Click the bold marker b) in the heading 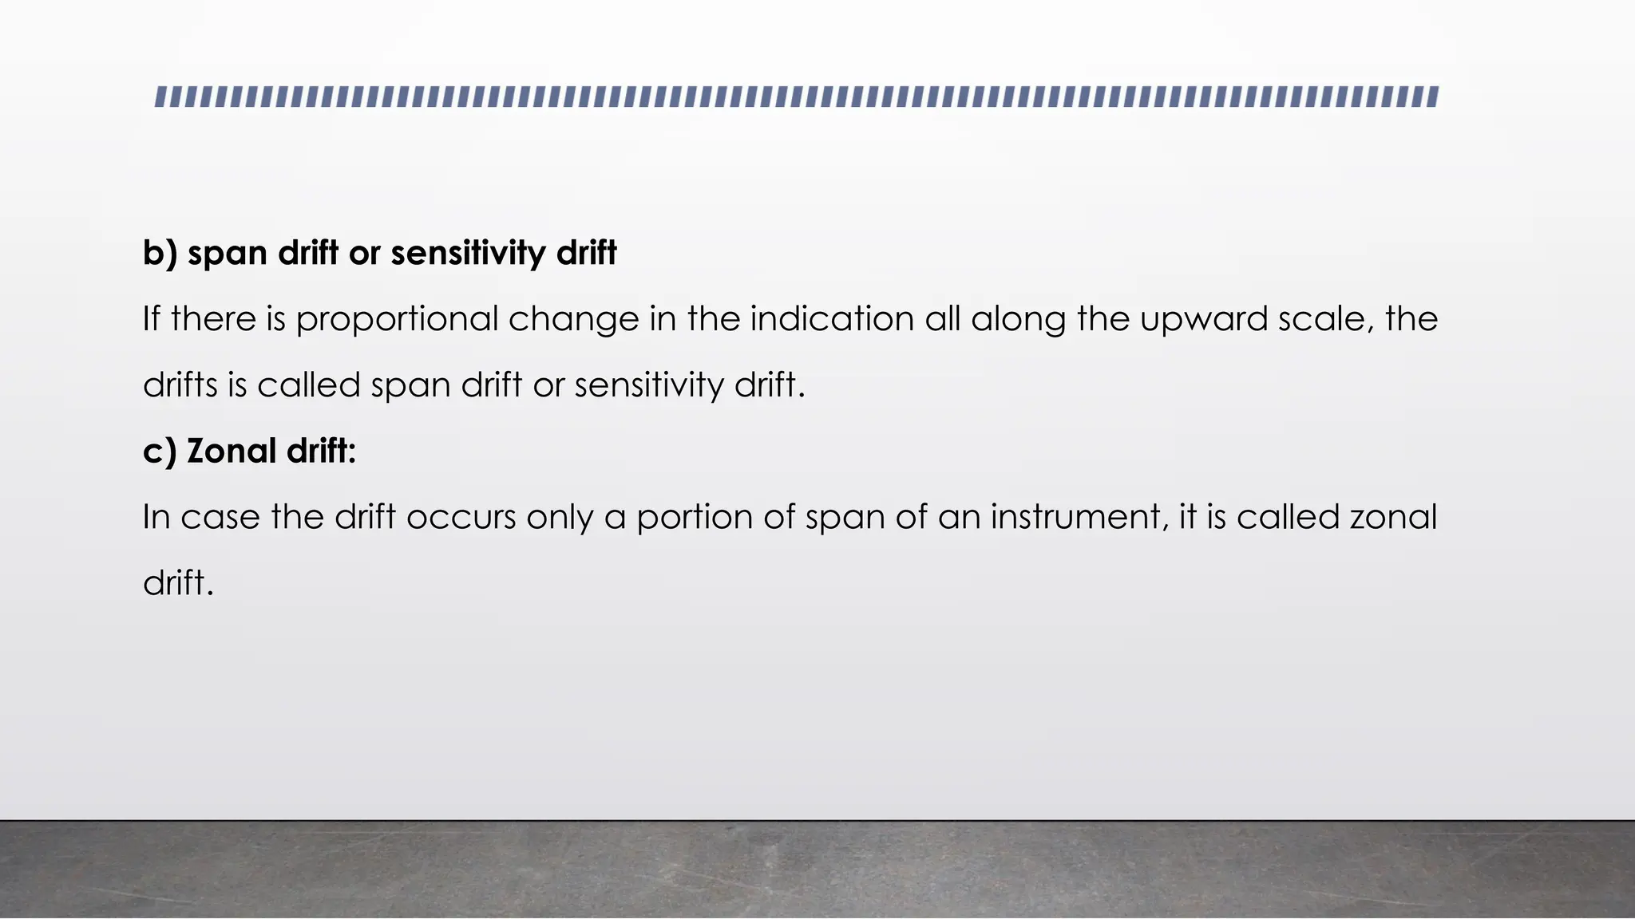point(160,254)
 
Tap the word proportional point(397,320)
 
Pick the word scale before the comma point(1326,319)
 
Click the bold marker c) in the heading point(159,452)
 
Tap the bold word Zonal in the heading point(232,452)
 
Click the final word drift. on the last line point(178,583)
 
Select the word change point(573,320)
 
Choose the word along point(1018,320)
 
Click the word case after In point(220,518)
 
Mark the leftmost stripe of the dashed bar point(160,97)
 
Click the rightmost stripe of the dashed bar point(1433,97)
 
